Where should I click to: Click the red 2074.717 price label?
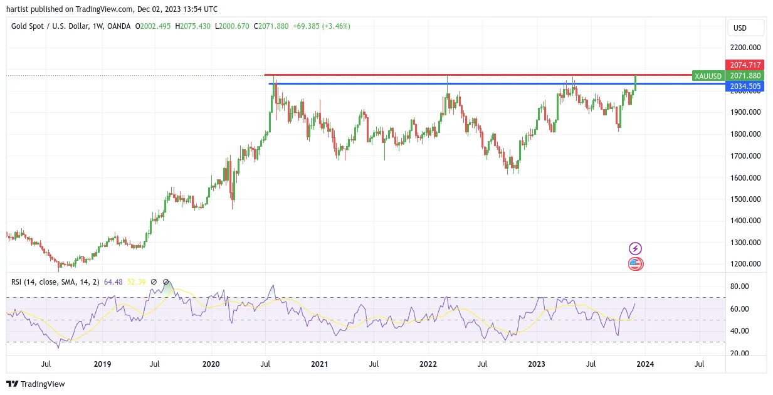pyautogui.click(x=745, y=65)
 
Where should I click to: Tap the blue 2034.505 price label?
pyautogui.click(x=745, y=87)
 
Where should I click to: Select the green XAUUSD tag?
pyautogui.click(x=708, y=76)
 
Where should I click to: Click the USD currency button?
pyautogui.click(x=745, y=28)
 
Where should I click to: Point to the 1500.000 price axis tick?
pyautogui.click(x=745, y=199)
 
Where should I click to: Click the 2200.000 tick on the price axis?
pyautogui.click(x=745, y=48)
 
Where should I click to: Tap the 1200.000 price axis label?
pyautogui.click(x=745, y=264)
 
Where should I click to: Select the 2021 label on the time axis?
pyautogui.click(x=319, y=364)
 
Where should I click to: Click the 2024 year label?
pyautogui.click(x=645, y=364)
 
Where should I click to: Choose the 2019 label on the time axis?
pyautogui.click(x=102, y=364)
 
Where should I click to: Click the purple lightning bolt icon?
pyautogui.click(x=635, y=248)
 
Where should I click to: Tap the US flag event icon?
pyautogui.click(x=635, y=264)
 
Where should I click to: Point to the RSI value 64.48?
pyautogui.click(x=113, y=282)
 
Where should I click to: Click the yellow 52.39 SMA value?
pyautogui.click(x=136, y=282)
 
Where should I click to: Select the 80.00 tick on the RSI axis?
pyautogui.click(x=740, y=287)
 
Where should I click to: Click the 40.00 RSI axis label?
pyautogui.click(x=740, y=331)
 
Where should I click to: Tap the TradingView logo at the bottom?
pyautogui.click(x=36, y=384)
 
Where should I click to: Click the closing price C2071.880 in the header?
pyautogui.click(x=271, y=26)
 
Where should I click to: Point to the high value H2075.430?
pyautogui.click(x=192, y=26)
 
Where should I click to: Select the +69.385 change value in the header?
pyautogui.click(x=306, y=26)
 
